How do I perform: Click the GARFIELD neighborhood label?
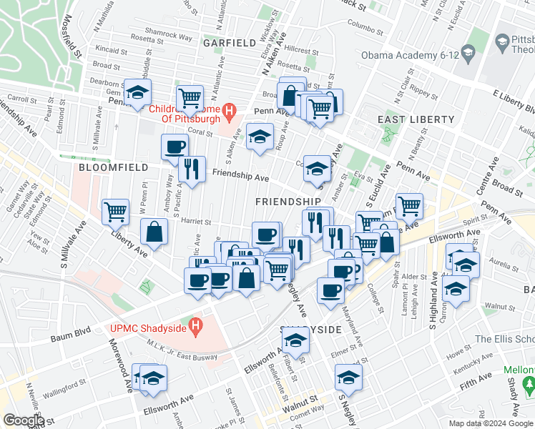point(229,43)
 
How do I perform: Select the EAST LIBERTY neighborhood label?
point(417,119)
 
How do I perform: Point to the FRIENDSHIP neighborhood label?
point(288,202)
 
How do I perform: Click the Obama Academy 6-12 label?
point(409,55)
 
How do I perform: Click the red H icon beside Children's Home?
point(228,110)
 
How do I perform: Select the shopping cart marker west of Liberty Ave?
point(115,211)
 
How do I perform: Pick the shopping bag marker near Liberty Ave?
point(154,231)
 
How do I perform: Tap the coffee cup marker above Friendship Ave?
point(175,147)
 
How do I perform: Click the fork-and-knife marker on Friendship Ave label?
point(191,169)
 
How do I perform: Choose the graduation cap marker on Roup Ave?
point(260,136)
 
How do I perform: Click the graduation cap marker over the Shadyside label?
point(295,342)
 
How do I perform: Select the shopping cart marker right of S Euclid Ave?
point(409,206)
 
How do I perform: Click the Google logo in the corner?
point(24,420)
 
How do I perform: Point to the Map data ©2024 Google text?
point(490,423)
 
